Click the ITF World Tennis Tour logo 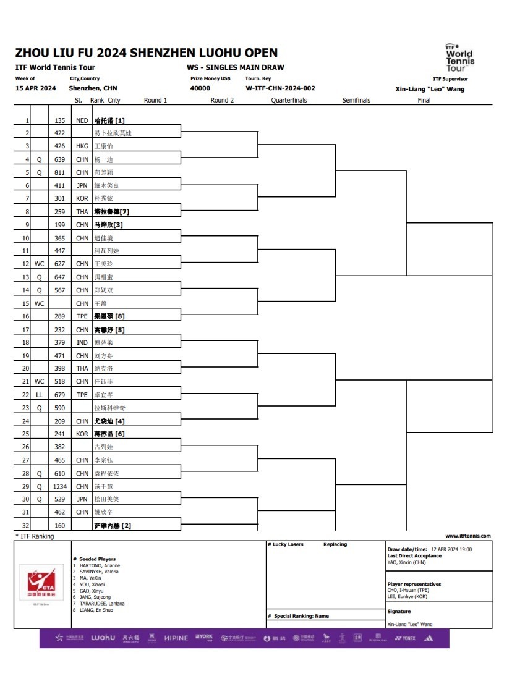tap(459, 57)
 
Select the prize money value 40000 tap(200, 88)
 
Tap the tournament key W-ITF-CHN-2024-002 tap(280, 88)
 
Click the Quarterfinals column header tap(289, 100)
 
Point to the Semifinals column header tap(356, 100)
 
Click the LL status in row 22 tap(39, 395)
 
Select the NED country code tap(82, 121)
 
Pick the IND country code tap(82, 343)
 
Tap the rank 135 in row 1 tap(60, 121)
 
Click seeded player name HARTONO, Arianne tap(99, 565)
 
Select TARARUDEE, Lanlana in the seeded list tap(101, 603)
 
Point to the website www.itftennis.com tap(467, 536)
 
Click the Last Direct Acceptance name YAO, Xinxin tap(407, 562)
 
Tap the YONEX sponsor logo tap(405, 638)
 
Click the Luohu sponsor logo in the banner tap(103, 638)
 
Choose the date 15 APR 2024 tap(35, 88)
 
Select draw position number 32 tap(26, 526)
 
